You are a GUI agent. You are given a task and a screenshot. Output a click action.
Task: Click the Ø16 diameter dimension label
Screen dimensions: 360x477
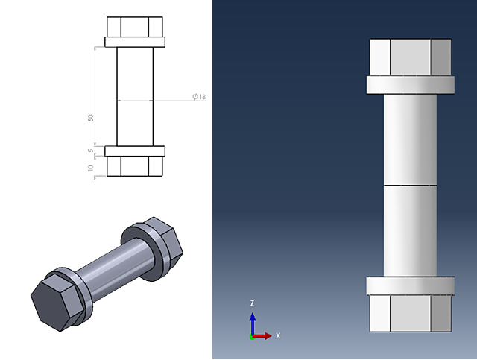199,98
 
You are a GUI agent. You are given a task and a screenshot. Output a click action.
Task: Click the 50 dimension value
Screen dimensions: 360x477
90,118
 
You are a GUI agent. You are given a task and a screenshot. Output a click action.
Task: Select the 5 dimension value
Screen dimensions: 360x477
90,151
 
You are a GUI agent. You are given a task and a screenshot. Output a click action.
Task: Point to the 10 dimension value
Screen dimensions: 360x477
90,168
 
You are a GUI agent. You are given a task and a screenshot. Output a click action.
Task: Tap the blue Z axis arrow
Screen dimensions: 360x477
253,320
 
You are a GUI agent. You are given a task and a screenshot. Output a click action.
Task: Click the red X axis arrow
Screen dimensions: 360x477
264,336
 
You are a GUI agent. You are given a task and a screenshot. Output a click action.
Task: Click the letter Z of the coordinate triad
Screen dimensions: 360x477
253,303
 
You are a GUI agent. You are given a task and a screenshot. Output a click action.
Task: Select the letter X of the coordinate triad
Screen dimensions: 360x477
278,336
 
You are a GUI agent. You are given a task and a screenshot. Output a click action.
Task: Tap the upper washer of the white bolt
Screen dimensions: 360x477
411,84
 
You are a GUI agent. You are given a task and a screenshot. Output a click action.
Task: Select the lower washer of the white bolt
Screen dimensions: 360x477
411,285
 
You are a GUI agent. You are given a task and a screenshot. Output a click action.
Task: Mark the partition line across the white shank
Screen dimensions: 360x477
411,184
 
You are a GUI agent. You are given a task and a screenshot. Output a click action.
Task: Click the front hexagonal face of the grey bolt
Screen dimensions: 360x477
52,303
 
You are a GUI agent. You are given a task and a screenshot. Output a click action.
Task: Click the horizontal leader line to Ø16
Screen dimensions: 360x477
153,100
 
